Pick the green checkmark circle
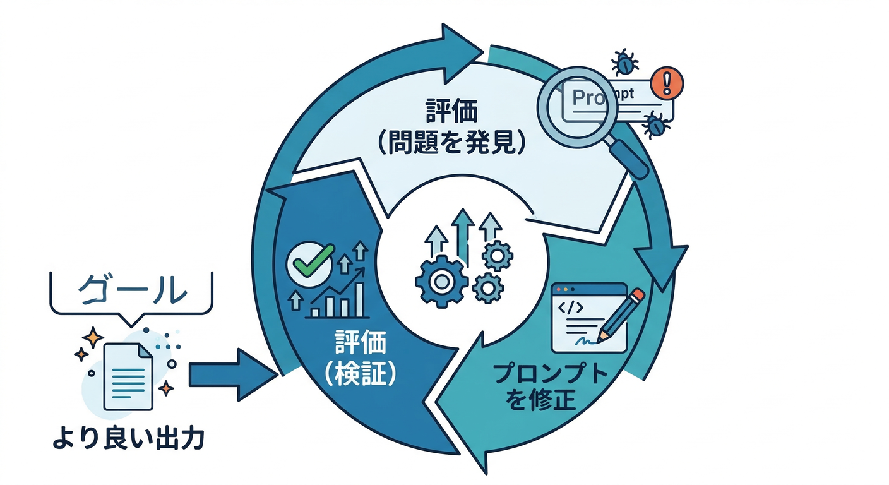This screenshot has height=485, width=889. click(309, 263)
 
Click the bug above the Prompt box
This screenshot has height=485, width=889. click(625, 62)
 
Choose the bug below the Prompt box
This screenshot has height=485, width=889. click(656, 125)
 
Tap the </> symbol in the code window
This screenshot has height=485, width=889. click(570, 309)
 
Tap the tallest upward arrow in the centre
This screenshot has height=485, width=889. click(465, 234)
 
